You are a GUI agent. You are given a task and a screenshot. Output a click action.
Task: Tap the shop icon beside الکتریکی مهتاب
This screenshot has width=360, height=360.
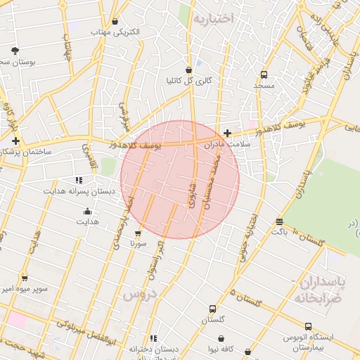[115, 21]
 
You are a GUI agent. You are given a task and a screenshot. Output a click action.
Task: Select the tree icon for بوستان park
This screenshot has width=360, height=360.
[15, 50]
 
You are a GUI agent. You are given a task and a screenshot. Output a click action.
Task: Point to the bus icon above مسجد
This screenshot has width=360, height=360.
[264, 74]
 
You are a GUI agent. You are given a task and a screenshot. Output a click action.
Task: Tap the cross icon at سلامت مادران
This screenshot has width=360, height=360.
[227, 132]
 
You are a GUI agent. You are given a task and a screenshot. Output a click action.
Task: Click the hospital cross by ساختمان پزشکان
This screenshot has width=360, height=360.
[15, 141]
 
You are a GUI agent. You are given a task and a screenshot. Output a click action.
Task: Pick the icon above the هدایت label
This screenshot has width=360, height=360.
[87, 211]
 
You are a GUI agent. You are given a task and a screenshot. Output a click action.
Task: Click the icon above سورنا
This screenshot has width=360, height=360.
[138, 233]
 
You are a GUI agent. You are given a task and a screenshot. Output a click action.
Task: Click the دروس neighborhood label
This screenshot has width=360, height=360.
[139, 295]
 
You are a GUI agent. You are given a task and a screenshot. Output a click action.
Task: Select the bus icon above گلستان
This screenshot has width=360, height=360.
[212, 308]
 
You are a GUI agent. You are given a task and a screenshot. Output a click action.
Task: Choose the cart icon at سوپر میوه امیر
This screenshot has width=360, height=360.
[25, 278]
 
